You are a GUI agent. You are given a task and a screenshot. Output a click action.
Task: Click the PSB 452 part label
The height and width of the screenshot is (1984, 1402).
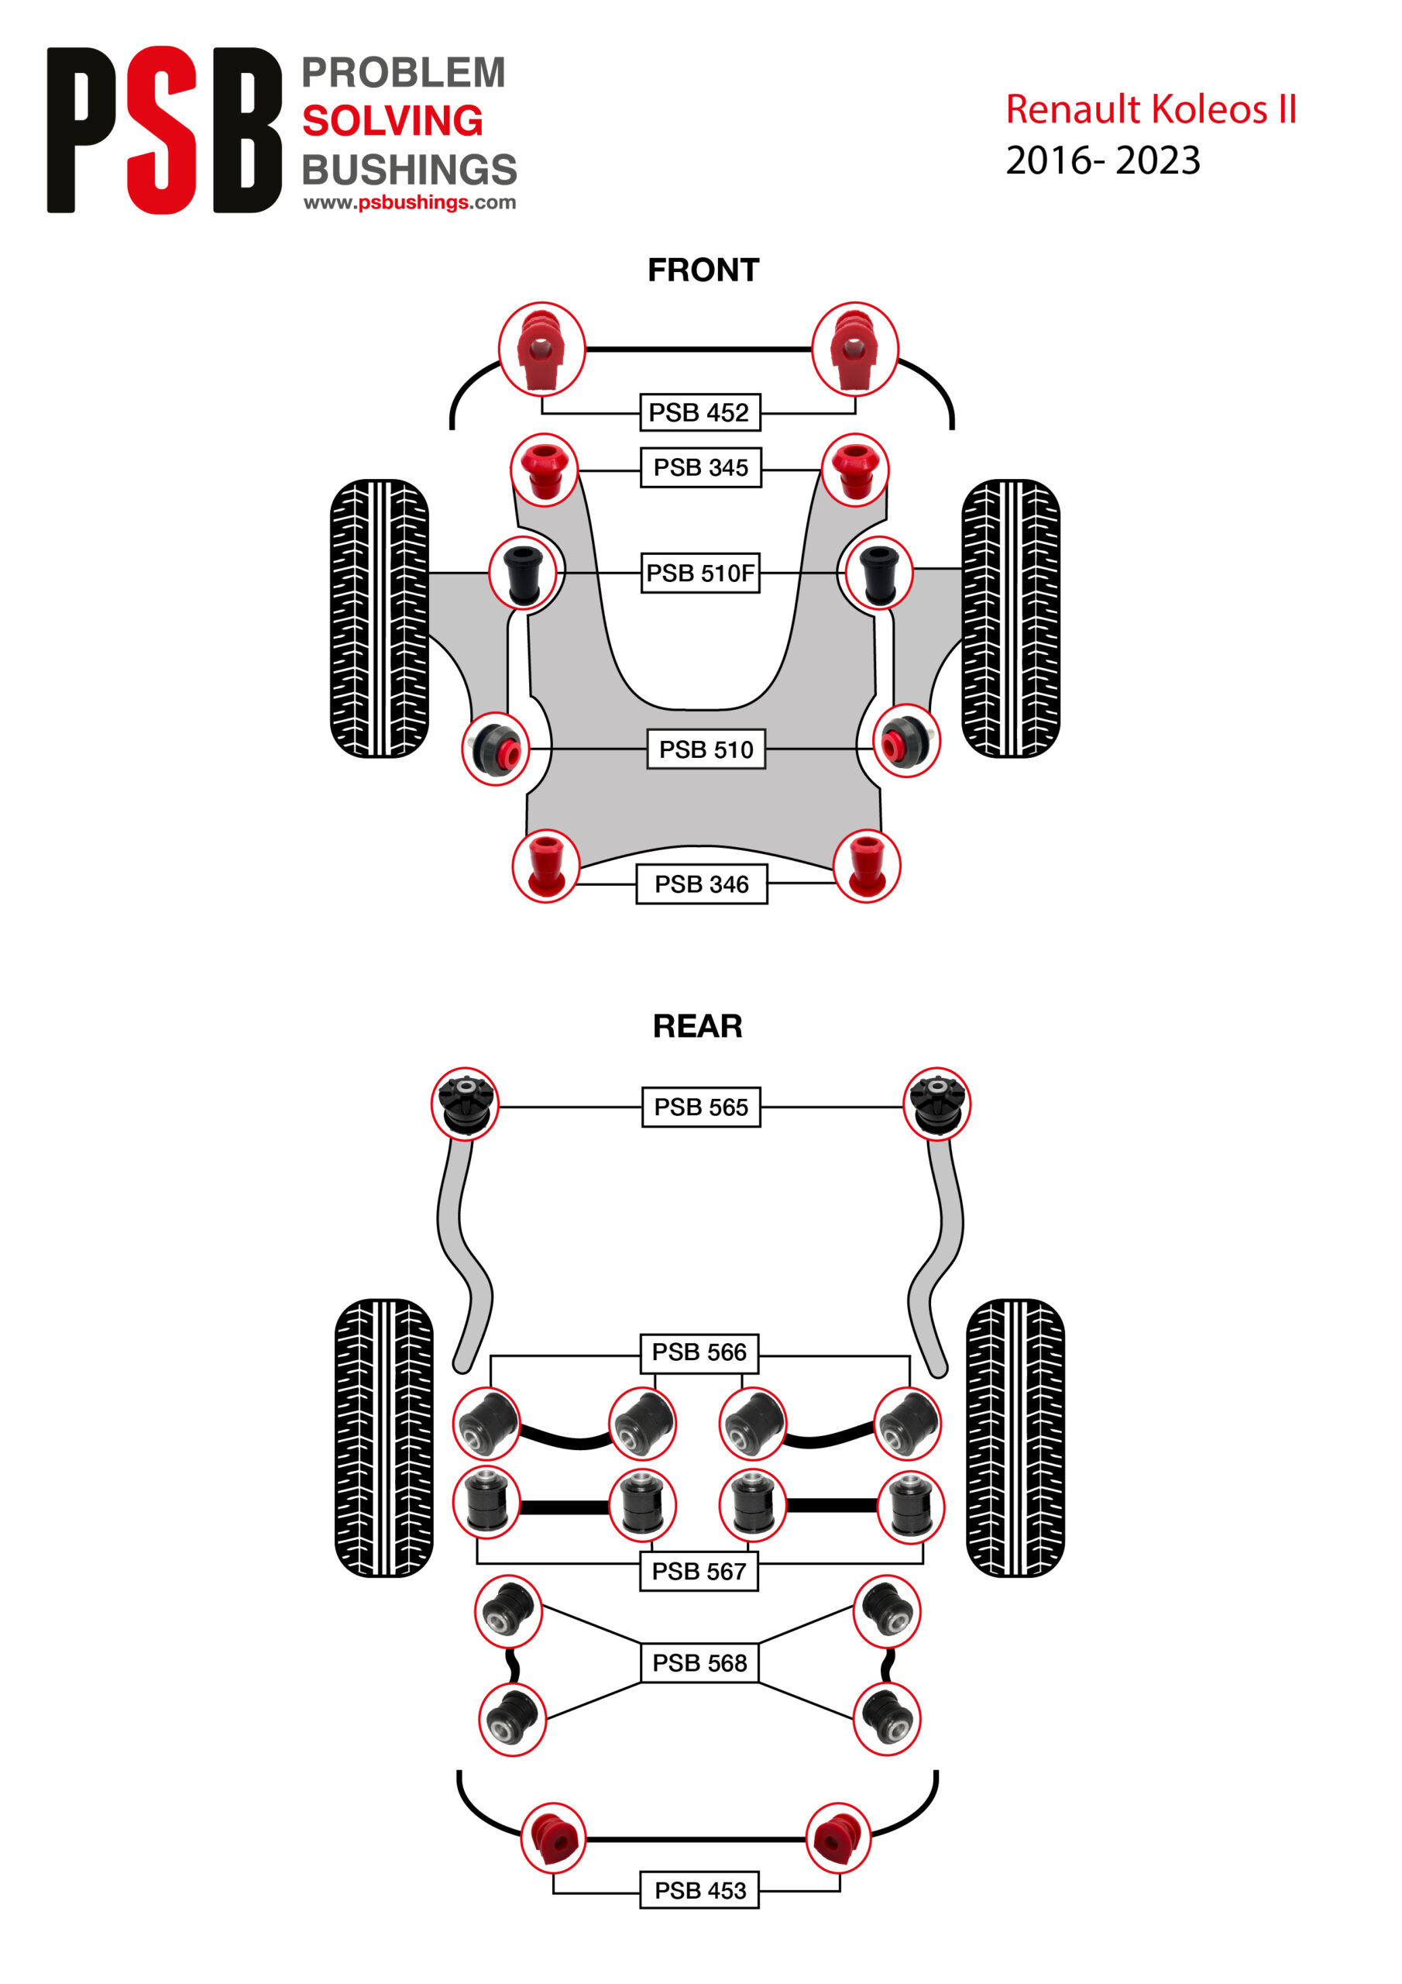[699, 412]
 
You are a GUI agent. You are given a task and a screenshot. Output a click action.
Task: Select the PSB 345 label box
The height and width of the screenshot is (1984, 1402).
[699, 467]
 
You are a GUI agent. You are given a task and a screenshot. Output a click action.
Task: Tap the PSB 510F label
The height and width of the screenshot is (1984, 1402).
[699, 573]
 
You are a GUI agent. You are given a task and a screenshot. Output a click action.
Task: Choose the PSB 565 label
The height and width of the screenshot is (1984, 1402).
[700, 1107]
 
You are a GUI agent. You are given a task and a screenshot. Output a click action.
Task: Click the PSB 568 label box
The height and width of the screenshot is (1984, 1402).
[699, 1662]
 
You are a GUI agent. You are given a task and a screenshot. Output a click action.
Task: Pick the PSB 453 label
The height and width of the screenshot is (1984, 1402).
[699, 1891]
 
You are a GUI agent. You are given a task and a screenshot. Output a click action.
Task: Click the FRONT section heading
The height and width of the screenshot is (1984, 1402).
[703, 270]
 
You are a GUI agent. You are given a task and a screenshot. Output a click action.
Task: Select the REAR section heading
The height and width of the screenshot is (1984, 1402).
[697, 1025]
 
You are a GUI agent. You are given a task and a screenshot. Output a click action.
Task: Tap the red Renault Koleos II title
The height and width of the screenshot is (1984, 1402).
[1150, 110]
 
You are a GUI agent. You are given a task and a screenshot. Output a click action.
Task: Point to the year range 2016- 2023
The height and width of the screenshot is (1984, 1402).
[1102, 160]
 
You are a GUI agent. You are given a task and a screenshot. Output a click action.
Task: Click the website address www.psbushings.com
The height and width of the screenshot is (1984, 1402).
[410, 202]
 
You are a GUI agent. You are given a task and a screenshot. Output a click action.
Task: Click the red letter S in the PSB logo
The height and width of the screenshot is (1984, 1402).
[163, 129]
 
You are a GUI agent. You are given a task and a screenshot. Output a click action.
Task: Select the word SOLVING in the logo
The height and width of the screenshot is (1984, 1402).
[392, 121]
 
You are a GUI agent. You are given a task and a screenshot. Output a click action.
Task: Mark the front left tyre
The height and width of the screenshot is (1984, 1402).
[380, 618]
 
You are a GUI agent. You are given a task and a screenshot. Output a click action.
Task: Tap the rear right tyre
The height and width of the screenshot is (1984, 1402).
[1014, 1438]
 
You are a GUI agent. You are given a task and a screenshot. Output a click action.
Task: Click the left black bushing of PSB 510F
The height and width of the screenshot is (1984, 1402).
[523, 573]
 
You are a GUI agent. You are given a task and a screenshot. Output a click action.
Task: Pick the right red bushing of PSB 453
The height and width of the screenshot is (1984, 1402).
[837, 1838]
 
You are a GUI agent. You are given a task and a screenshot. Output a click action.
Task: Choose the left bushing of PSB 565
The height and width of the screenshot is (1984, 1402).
[465, 1104]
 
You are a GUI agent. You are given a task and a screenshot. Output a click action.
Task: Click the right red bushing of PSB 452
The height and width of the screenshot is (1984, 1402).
[854, 349]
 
